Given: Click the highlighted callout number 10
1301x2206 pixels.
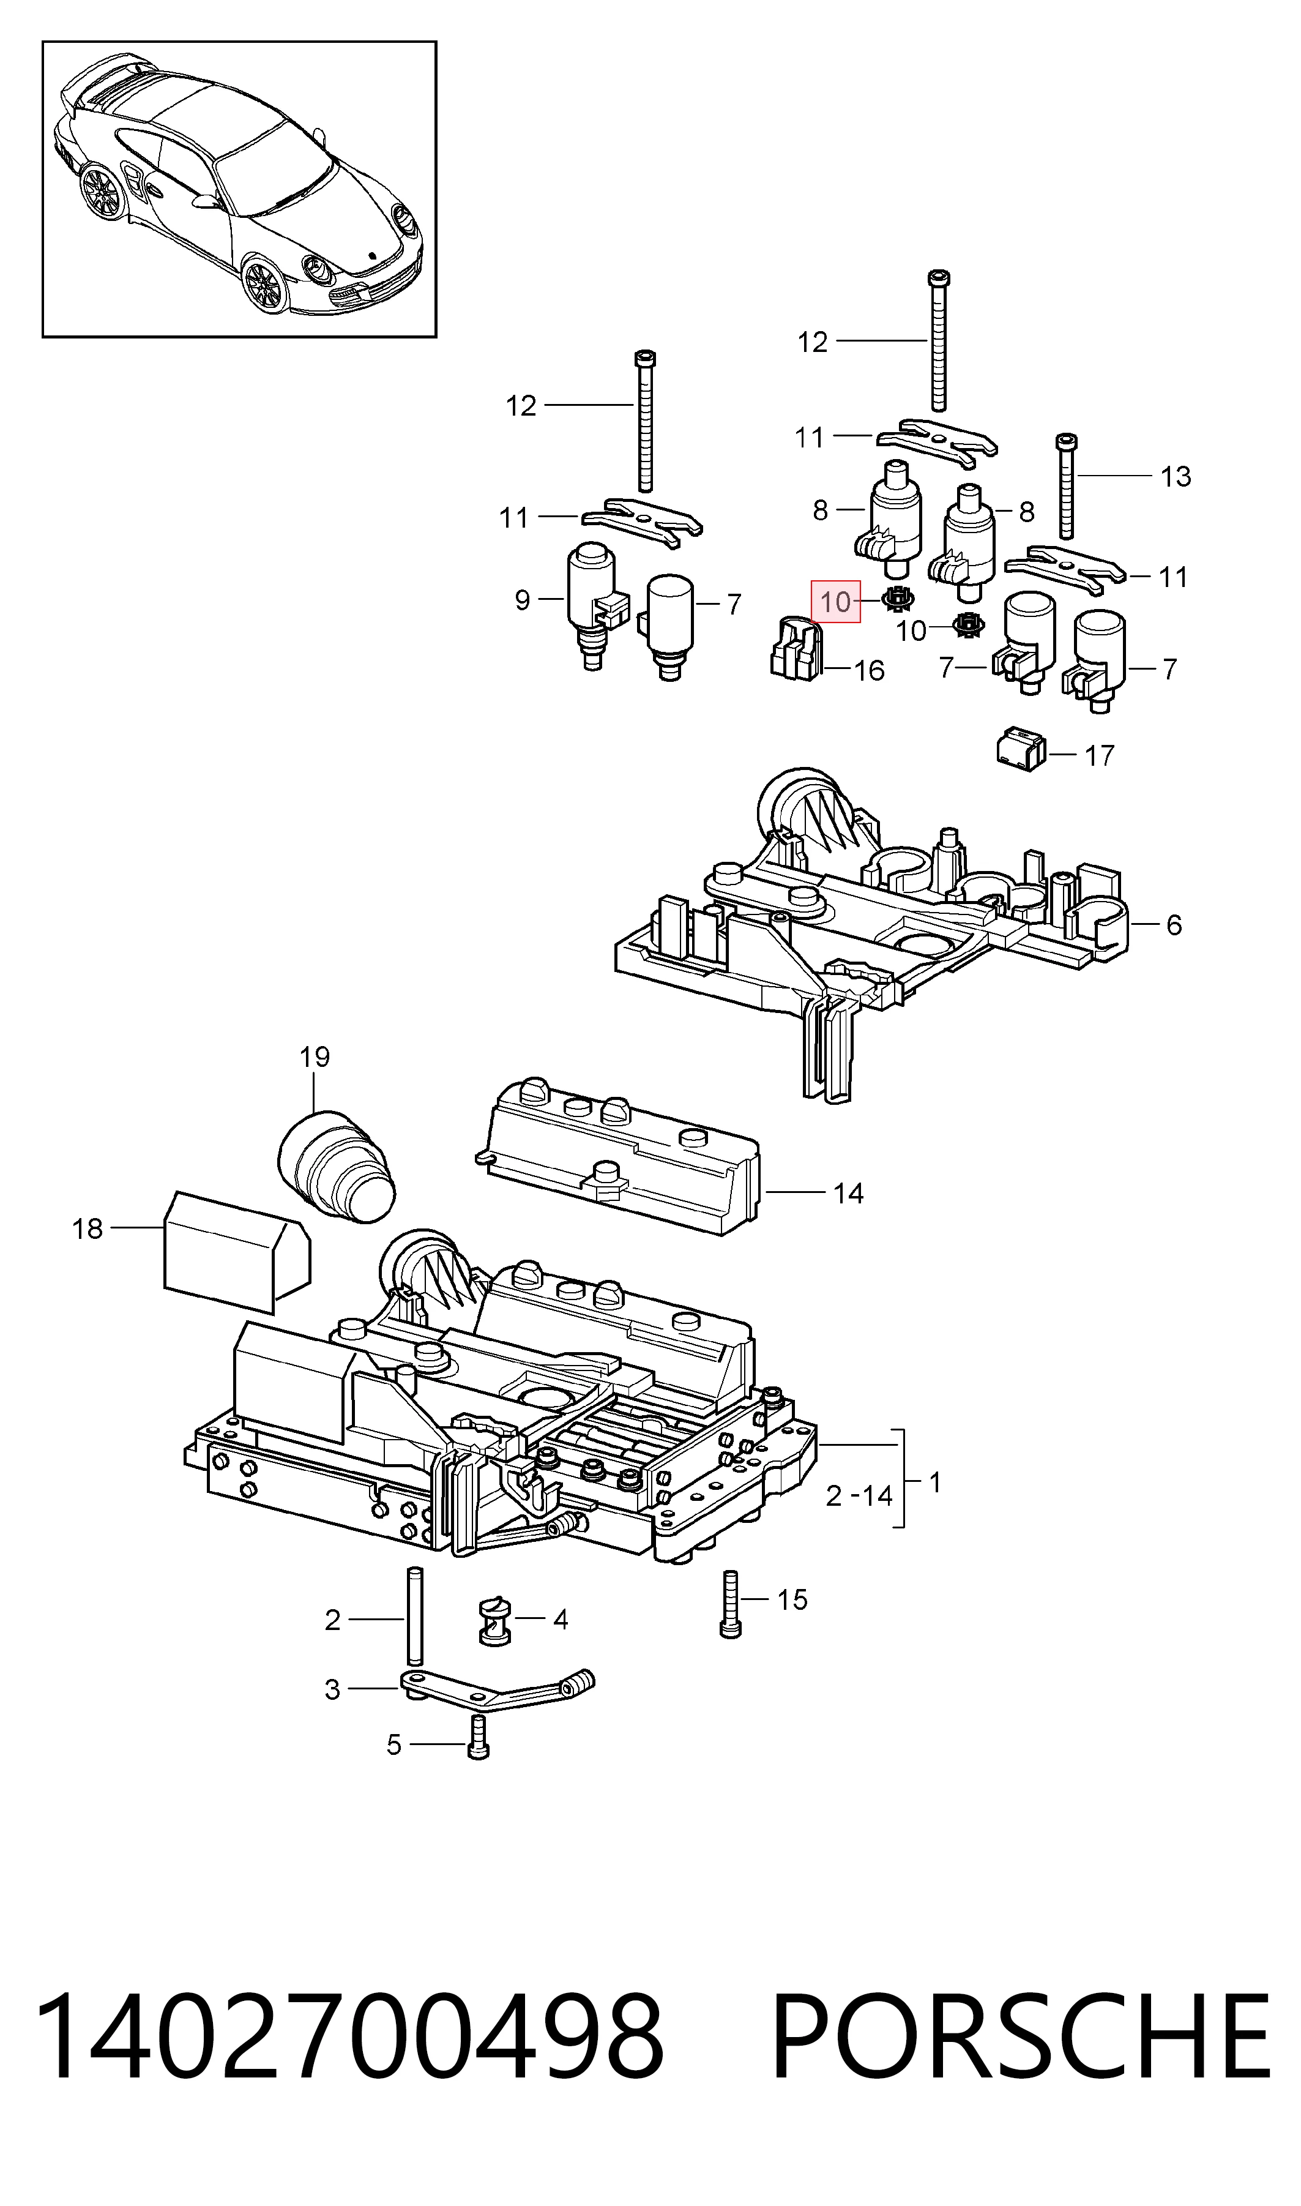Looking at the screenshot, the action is point(837,602).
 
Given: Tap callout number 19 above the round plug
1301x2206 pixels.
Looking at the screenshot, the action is point(315,1056).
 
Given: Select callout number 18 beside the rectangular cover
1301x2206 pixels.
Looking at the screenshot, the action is point(88,1228).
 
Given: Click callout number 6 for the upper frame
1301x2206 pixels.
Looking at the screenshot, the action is point(1174,924).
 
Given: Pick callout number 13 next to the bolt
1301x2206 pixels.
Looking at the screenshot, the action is point(1176,476).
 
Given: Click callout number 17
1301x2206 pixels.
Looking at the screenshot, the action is point(1099,755).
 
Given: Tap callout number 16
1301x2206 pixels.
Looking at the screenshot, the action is point(869,671).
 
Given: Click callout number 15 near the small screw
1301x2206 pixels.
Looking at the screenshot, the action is point(792,1599).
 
